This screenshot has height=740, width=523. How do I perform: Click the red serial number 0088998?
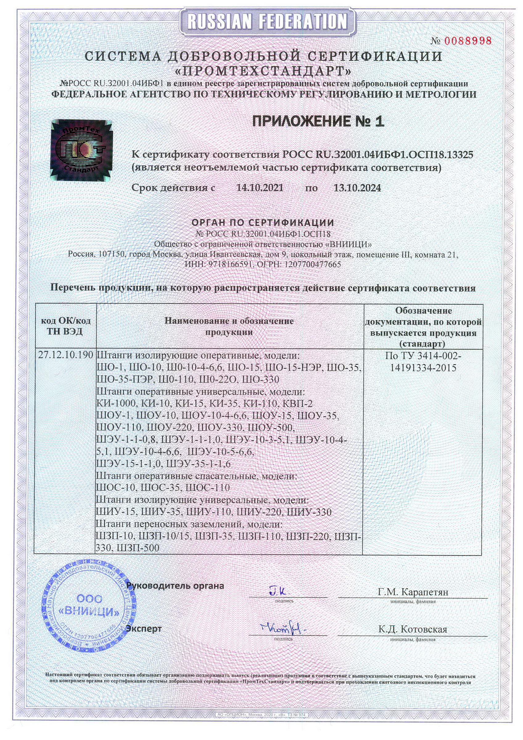click(467, 41)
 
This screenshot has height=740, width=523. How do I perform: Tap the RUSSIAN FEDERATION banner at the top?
click(267, 22)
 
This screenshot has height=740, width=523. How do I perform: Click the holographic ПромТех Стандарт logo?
click(81, 150)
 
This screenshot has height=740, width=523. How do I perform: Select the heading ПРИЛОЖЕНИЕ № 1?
click(318, 122)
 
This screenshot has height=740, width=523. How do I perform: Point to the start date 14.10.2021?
click(260, 188)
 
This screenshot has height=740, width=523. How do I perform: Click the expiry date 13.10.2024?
click(357, 188)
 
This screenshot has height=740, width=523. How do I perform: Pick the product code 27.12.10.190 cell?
click(66, 355)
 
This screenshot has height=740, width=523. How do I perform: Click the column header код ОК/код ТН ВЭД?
click(66, 326)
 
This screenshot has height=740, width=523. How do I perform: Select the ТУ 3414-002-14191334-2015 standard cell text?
click(423, 362)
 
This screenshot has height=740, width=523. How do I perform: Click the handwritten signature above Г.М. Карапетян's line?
click(279, 590)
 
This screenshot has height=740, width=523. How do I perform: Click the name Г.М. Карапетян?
click(413, 592)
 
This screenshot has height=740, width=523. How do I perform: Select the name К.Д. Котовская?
click(413, 629)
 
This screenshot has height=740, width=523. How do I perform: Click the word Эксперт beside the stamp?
click(144, 628)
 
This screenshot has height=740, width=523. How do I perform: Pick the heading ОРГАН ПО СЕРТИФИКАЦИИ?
click(262, 222)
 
